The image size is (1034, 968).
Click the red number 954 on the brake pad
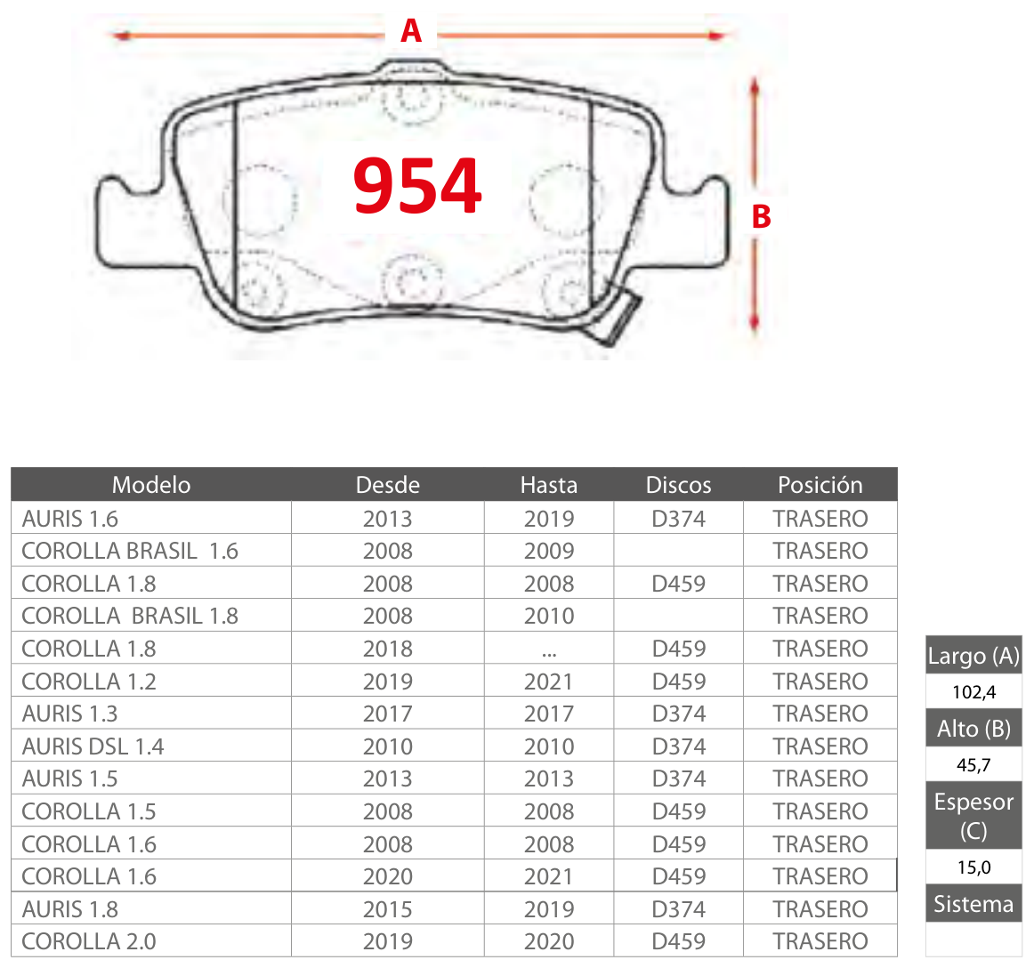pos(417,186)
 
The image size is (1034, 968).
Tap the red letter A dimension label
pos(411,31)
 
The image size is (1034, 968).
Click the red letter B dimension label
pos(762,216)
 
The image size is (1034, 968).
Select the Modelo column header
pos(151,485)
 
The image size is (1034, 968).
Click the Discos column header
pos(679,485)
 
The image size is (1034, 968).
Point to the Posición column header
pos(820,485)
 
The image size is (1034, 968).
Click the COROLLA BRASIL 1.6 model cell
pos(130,551)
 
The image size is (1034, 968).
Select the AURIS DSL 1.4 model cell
pos(93,746)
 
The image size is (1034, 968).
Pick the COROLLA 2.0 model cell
pos(89,941)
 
